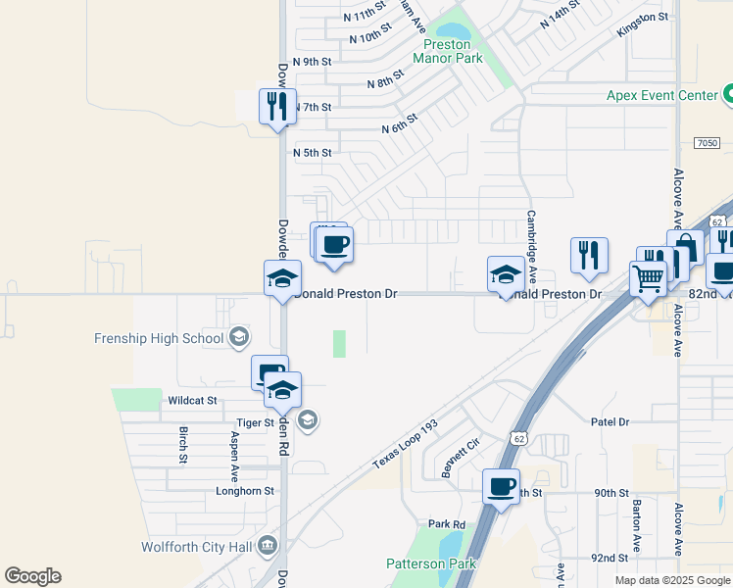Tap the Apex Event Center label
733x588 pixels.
[662, 95]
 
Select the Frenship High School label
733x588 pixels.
[160, 339]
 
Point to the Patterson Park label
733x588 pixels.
[430, 563]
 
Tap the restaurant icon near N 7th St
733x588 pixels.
[276, 105]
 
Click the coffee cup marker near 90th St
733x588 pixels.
[502, 486]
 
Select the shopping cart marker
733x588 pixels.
[648, 280]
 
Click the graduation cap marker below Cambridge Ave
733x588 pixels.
[506, 275]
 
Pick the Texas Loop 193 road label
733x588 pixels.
[404, 445]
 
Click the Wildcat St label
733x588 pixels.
[191, 401]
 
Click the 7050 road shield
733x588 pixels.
[707, 143]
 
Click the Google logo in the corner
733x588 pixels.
[32, 576]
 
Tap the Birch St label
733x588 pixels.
[183, 445]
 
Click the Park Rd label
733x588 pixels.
[444, 524]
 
